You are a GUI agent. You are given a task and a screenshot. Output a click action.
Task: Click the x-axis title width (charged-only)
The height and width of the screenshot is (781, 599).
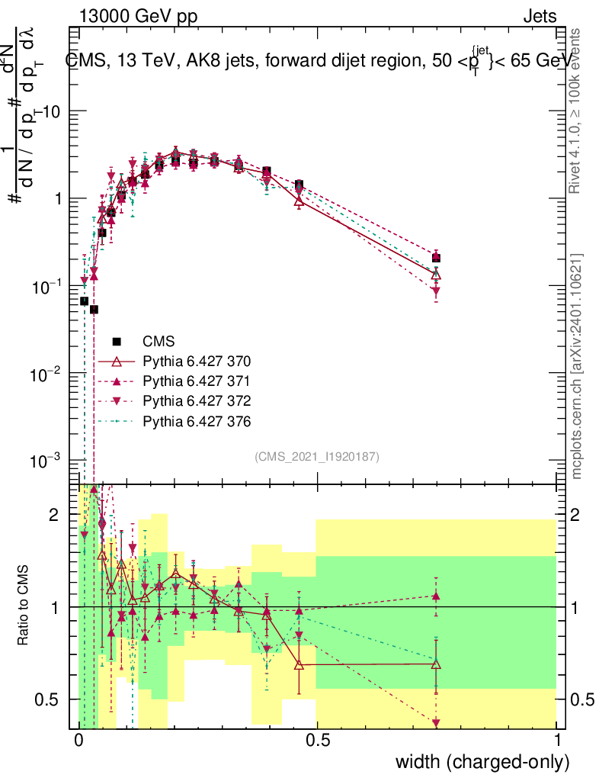(x=482, y=762)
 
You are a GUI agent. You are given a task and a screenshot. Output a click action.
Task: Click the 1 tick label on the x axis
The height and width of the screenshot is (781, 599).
(x=557, y=741)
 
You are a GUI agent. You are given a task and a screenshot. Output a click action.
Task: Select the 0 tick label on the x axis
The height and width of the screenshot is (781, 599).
(x=79, y=741)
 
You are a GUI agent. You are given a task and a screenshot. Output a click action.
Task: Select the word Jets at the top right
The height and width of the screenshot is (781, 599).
(x=540, y=17)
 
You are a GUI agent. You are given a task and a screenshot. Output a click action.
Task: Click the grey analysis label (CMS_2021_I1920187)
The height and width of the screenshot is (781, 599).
(x=317, y=456)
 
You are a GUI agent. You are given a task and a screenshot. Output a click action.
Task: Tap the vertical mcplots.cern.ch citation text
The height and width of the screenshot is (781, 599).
(x=578, y=365)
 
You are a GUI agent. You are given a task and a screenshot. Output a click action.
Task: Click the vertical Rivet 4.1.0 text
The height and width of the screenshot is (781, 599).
(x=578, y=111)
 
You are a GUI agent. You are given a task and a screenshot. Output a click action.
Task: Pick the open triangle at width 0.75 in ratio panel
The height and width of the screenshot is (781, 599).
(x=436, y=664)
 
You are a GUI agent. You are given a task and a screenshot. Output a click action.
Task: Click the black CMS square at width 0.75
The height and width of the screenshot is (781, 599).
(x=436, y=259)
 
